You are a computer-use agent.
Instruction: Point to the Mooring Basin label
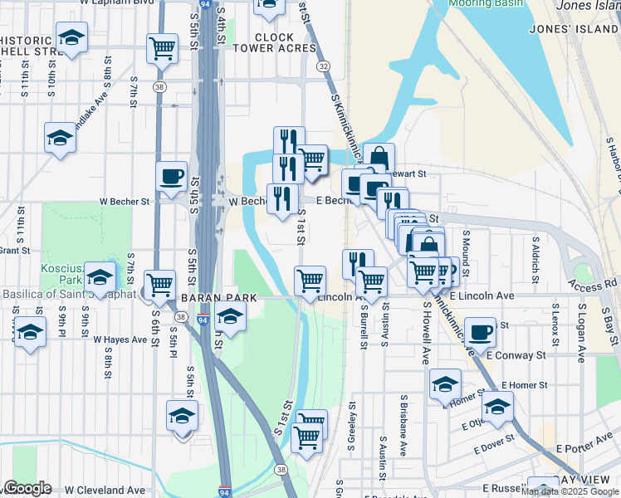pyautogui.click(x=486, y=3)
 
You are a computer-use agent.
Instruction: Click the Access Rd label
pyautogui.click(x=594, y=283)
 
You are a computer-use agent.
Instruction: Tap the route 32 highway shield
pyautogui.click(x=323, y=66)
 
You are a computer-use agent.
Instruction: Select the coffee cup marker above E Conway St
pyautogui.click(x=480, y=332)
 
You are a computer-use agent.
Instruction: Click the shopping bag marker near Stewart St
pyautogui.click(x=379, y=158)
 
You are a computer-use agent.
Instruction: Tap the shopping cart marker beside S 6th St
pyautogui.click(x=159, y=284)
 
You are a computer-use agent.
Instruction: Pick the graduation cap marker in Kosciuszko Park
pyautogui.click(x=100, y=276)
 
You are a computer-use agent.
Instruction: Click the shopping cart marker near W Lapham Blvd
pyautogui.click(x=162, y=48)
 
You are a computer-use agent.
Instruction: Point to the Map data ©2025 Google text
pyautogui.click(x=570, y=492)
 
